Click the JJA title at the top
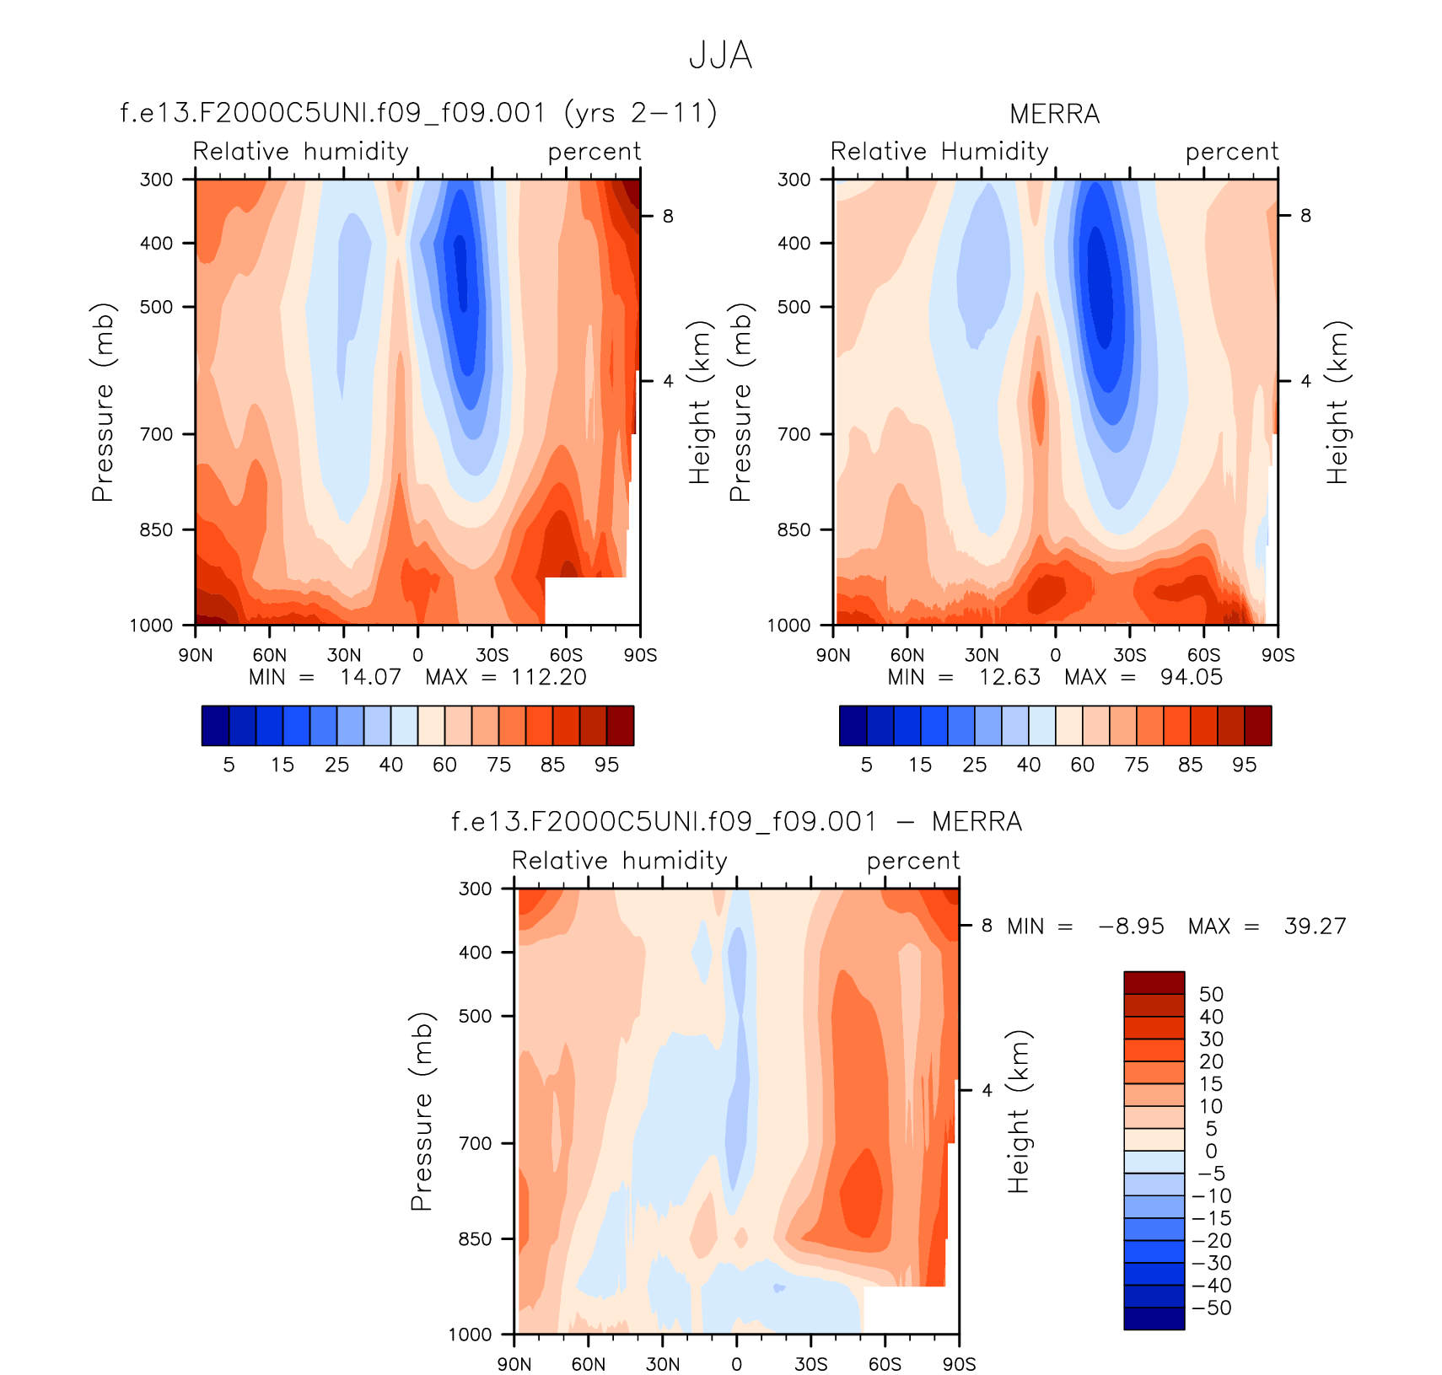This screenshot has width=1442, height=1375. pos(720,56)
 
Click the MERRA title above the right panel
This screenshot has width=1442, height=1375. pos(1054,114)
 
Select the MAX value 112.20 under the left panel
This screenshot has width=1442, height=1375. pos(548,677)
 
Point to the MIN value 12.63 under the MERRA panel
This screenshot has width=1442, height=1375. pos(1009,677)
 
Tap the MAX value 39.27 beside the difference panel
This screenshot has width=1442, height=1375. pos(1315,927)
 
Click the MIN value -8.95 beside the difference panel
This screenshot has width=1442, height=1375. pos(1131,927)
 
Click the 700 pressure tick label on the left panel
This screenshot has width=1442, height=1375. pos(156,434)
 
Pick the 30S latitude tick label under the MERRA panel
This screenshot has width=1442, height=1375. pos(1129,655)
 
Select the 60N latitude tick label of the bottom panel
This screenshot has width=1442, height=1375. pos(588,1364)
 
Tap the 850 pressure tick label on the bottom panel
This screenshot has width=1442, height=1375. pos(475,1239)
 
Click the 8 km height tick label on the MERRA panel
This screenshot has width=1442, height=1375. pos(1305,216)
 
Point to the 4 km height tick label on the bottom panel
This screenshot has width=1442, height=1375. pos(987,1090)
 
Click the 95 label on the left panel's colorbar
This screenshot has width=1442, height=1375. pos(606,765)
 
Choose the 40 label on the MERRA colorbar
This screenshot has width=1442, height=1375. pos(1028,765)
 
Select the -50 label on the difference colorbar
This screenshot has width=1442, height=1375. pos(1212,1308)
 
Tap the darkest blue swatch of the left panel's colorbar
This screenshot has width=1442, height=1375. pos(215,726)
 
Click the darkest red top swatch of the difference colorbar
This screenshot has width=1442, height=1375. pos(1154,983)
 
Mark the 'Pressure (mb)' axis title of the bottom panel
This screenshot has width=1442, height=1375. pos(422,1111)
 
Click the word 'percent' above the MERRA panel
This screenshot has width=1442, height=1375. pos(1231,152)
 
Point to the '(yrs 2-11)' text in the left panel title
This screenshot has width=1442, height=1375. pos(641,112)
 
